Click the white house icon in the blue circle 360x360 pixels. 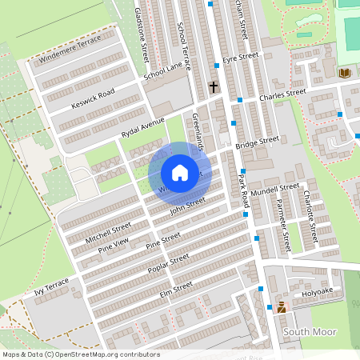pos(180,173)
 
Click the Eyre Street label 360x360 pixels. pos(241,58)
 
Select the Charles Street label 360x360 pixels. pos(282,94)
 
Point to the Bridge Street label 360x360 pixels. pos(257,142)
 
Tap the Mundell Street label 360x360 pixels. pos(274,191)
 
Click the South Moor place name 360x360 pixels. pos(310,331)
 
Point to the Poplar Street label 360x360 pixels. pos(168,263)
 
